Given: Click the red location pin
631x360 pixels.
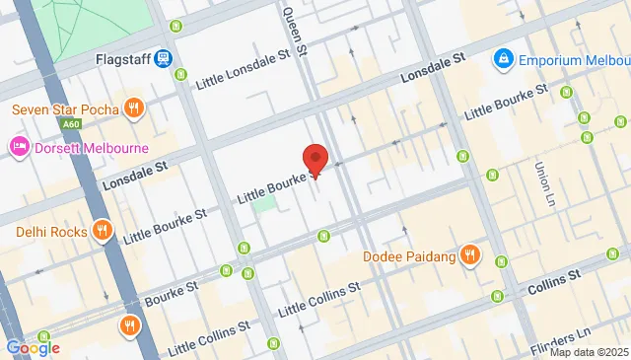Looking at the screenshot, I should tap(315, 160).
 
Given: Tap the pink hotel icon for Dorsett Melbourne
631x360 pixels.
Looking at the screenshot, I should tap(19, 148).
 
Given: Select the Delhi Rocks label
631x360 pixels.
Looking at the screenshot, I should tap(54, 233).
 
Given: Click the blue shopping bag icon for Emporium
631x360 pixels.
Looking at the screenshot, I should tap(504, 59).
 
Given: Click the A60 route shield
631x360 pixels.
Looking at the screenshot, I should tap(71, 126).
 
